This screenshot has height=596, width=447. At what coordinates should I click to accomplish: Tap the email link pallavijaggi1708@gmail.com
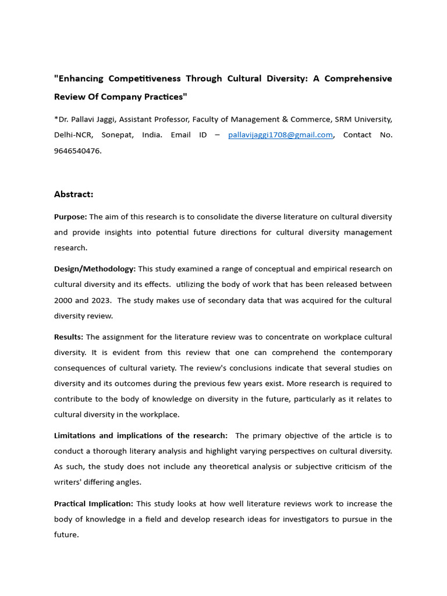(281, 134)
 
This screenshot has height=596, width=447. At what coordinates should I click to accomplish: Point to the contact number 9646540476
(77, 150)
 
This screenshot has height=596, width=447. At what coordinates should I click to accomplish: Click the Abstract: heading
(73, 194)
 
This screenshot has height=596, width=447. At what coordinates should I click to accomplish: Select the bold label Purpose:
(70, 217)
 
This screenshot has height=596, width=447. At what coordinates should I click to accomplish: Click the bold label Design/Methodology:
(95, 269)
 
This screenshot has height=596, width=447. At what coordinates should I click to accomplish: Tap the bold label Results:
(69, 337)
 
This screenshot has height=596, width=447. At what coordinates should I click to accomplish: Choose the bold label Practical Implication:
(94, 503)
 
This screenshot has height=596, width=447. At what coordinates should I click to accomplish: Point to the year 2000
(63, 300)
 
